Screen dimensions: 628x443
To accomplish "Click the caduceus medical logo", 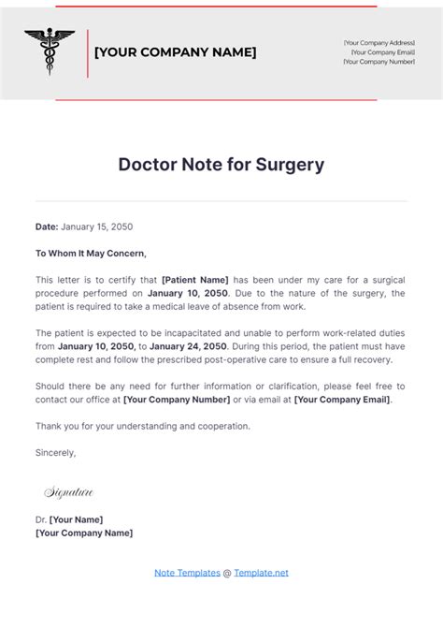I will [x=50, y=52].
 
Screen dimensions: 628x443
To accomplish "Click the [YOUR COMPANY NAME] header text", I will [x=175, y=52].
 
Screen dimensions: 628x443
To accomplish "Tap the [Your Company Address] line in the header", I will [x=379, y=43].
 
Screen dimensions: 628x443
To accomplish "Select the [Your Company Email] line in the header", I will [x=382, y=52].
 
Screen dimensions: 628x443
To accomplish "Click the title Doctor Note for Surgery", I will [x=221, y=165].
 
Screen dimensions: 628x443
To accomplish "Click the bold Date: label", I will [x=47, y=226].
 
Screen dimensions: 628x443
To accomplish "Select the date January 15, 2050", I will [x=96, y=226].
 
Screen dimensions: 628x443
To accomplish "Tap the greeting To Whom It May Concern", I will [x=91, y=253].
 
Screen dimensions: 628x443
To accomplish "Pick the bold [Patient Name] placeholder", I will [x=195, y=279].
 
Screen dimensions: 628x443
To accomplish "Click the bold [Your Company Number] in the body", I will [x=177, y=400].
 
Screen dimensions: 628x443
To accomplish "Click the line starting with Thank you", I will [x=142, y=426].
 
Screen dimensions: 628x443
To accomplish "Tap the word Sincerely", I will [x=56, y=452].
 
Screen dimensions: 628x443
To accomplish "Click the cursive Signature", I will [x=68, y=491].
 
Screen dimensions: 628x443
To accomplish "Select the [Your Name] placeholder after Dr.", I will [x=76, y=519].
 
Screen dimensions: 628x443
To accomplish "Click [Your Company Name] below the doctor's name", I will [x=84, y=533].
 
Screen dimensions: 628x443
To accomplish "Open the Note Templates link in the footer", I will [x=187, y=572].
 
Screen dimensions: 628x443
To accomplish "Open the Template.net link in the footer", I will [x=261, y=572].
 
